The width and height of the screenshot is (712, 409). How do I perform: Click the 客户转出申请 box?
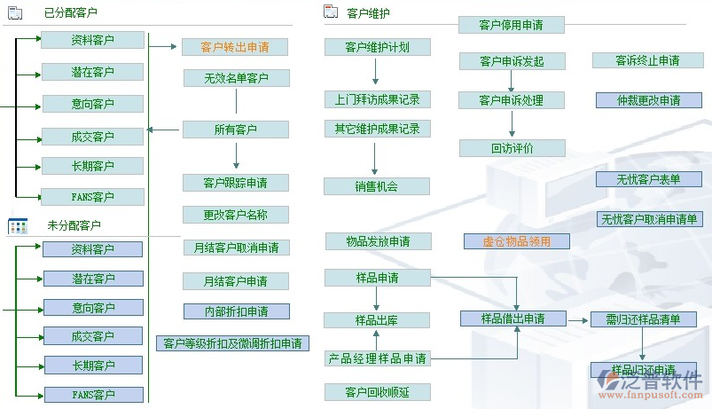pos(235,47)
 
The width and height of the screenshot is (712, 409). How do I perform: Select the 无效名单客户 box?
pos(235,78)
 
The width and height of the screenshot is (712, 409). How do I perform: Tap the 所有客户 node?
pos(235,130)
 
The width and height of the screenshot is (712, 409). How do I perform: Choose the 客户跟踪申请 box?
pos(235,183)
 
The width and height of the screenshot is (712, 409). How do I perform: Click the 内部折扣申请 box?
pos(236,311)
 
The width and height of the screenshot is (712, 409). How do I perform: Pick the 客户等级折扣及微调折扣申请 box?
pos(231,342)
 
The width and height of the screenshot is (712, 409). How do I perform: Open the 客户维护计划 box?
pos(376,47)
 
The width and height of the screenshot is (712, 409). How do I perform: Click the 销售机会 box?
pos(376,186)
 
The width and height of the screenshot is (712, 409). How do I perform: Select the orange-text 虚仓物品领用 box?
pos(516,241)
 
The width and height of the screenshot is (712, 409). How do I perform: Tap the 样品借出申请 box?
pos(512,319)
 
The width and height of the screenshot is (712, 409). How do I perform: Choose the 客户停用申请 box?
pos(511,25)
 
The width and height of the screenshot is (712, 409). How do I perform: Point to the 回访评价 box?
pos(512,148)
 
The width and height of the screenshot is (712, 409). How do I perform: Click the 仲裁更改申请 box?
pos(648,100)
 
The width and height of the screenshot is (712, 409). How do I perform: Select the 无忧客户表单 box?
pos(648,179)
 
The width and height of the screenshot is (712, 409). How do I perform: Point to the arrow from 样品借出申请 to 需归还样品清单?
pos(577,319)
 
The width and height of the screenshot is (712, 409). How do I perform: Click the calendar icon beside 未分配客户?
pos(17,226)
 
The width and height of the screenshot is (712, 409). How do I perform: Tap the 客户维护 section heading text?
pos(368,13)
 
